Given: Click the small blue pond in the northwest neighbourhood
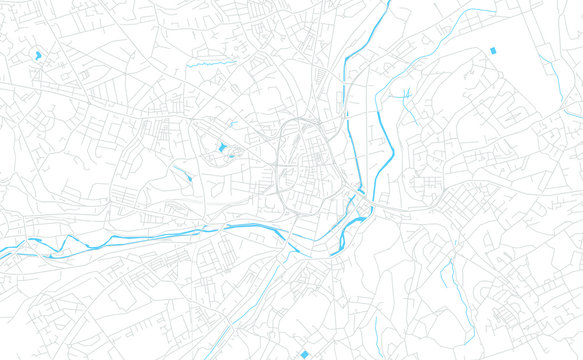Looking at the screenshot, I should pos(38,54).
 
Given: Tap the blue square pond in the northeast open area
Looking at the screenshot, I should pos(492,50).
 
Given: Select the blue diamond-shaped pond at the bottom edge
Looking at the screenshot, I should pos(304,354).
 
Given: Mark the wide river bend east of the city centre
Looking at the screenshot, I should pos(390,150).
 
